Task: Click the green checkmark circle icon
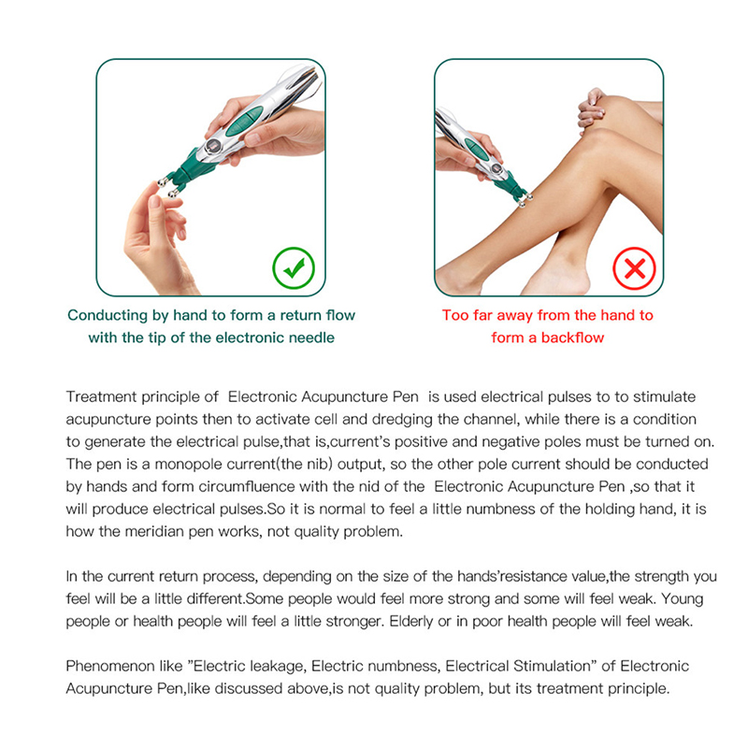click(294, 267)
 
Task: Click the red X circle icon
click(634, 268)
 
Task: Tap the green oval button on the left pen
click(244, 121)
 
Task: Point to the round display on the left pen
click(213, 145)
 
